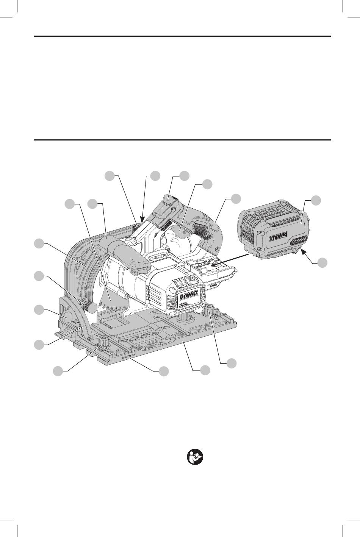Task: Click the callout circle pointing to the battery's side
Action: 316,200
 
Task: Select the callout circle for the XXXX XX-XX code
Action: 164,372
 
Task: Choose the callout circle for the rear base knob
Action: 232,362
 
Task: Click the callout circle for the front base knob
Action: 58,372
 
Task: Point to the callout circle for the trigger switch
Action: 207,184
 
